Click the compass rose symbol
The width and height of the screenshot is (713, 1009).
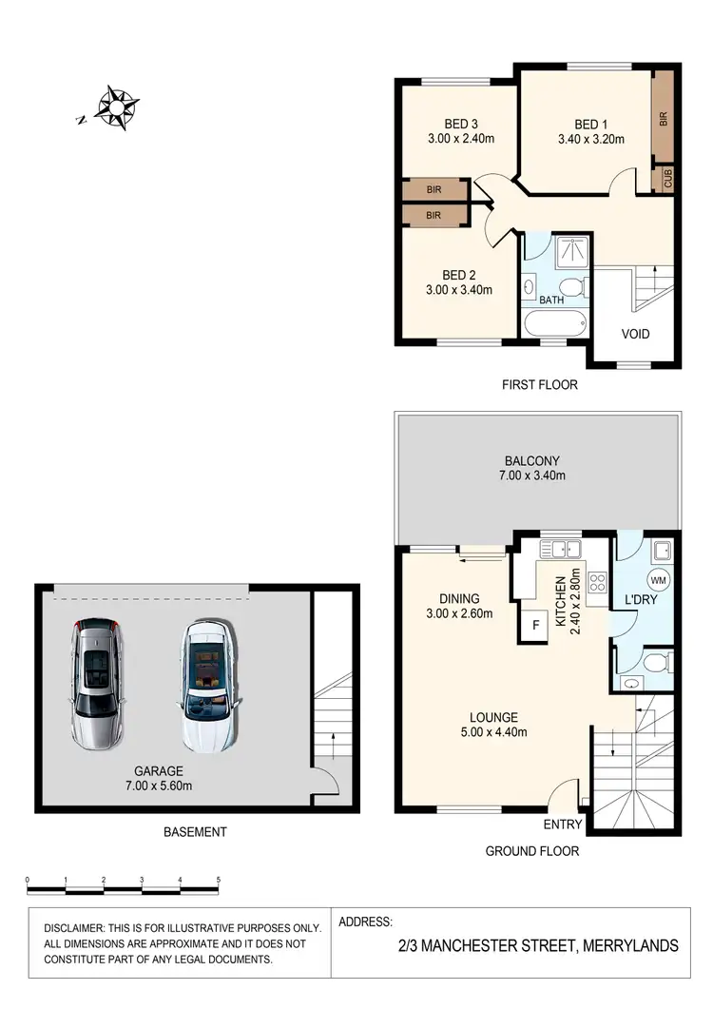(x=118, y=107)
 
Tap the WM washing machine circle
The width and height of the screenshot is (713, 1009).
(x=656, y=578)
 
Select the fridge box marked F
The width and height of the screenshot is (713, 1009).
(x=535, y=627)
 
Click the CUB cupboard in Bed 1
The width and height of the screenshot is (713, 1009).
(x=667, y=179)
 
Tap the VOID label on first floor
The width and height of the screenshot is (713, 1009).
(x=635, y=334)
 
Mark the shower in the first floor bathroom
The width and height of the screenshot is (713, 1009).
(x=569, y=251)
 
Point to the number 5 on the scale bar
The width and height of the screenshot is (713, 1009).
(x=219, y=880)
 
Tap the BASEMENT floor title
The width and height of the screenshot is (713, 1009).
(x=195, y=832)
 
